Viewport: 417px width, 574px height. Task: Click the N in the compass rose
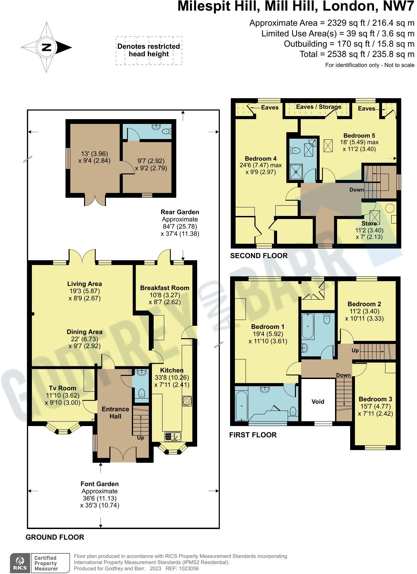point(47,47)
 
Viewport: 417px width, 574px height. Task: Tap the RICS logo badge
point(20,563)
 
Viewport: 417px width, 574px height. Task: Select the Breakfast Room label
point(165,288)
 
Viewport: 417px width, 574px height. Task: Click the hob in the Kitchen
point(187,401)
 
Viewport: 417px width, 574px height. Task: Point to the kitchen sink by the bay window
point(173,436)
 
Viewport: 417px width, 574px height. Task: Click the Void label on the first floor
point(318,402)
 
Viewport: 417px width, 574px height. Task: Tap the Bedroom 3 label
point(375,399)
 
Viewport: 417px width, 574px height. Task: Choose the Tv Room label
point(62,388)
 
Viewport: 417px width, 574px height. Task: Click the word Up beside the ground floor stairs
point(141,438)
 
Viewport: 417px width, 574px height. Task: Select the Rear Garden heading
point(180,212)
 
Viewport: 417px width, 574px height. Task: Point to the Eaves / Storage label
point(319,107)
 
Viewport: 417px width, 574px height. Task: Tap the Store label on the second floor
point(369,223)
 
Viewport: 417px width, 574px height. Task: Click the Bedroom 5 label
point(359,135)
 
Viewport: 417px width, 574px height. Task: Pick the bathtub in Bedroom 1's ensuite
point(241,405)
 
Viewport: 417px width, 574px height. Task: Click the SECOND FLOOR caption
point(259,255)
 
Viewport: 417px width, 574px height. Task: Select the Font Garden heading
point(99,484)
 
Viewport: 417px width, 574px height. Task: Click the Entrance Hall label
point(116,413)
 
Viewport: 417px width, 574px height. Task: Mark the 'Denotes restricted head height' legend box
point(149,50)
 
